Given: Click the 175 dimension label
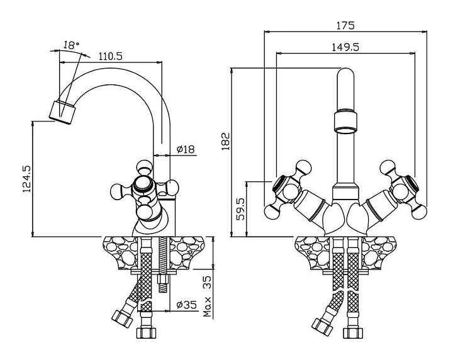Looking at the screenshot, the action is pyautogui.click(x=345, y=25).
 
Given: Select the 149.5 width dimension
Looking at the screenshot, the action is pyautogui.click(x=345, y=47).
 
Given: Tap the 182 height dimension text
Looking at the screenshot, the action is pyautogui.click(x=226, y=141).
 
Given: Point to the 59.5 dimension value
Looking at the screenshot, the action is pyautogui.click(x=240, y=209).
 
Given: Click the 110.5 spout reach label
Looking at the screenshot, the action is pyautogui.click(x=110, y=56).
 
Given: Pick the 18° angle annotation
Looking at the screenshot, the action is pyautogui.click(x=71, y=45).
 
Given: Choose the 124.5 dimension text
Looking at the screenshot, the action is pyautogui.click(x=26, y=179).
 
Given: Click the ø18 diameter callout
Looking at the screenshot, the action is pyautogui.click(x=186, y=149).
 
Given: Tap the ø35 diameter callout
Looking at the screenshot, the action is pyautogui.click(x=187, y=304).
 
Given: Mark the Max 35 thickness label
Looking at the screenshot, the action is pyautogui.click(x=208, y=297).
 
